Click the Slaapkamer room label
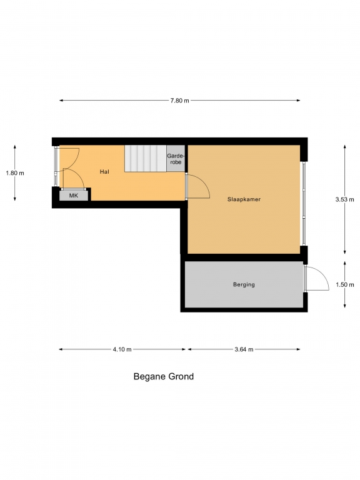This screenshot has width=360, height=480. [x=244, y=199]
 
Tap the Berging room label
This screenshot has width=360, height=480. [x=244, y=285]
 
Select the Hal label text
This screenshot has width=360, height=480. [x=104, y=172]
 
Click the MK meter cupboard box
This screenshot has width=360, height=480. [x=74, y=196]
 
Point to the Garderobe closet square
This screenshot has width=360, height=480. [x=176, y=159]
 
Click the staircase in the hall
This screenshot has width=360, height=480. [x=146, y=158]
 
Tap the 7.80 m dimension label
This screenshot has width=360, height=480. [x=180, y=101]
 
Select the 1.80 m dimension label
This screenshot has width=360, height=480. [x=15, y=173]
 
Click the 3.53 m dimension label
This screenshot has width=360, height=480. [x=345, y=199]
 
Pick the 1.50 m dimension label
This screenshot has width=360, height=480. [x=345, y=285]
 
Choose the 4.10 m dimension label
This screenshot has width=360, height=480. [x=122, y=349]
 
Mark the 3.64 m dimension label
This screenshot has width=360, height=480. [x=244, y=349]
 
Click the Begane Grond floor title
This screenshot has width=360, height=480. [x=164, y=376]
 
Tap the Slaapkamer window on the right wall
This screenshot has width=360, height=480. [x=304, y=204]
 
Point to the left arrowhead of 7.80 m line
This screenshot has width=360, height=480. [x=61, y=101]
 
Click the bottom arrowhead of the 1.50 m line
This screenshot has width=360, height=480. [x=345, y=306]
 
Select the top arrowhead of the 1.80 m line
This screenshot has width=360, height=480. [x=15, y=147]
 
